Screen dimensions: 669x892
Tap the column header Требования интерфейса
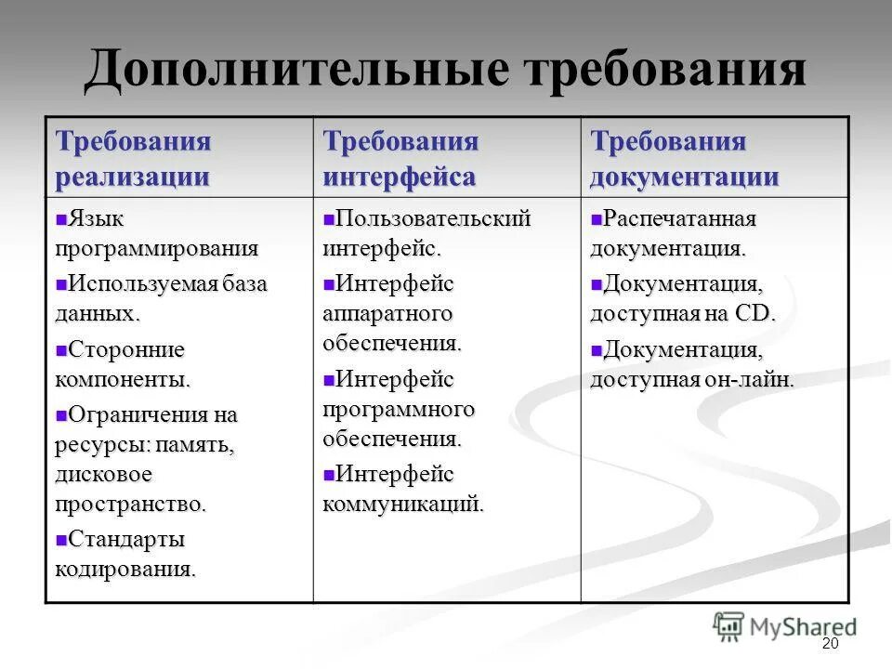click(x=400, y=159)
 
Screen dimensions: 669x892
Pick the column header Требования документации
click(x=684, y=159)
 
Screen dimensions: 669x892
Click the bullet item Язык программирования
click(x=156, y=233)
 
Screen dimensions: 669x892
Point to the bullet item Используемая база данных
click(x=161, y=298)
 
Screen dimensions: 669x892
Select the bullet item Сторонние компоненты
click(x=123, y=363)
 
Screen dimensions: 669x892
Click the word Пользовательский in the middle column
click(x=433, y=219)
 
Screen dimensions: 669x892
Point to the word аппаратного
click(x=387, y=313)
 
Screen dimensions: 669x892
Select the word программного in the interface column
click(x=399, y=409)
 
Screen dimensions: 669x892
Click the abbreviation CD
click(x=754, y=313)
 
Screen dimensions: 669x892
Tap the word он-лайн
click(x=753, y=379)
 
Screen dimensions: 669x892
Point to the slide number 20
click(x=830, y=645)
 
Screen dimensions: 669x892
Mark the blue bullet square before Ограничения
click(x=61, y=413)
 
